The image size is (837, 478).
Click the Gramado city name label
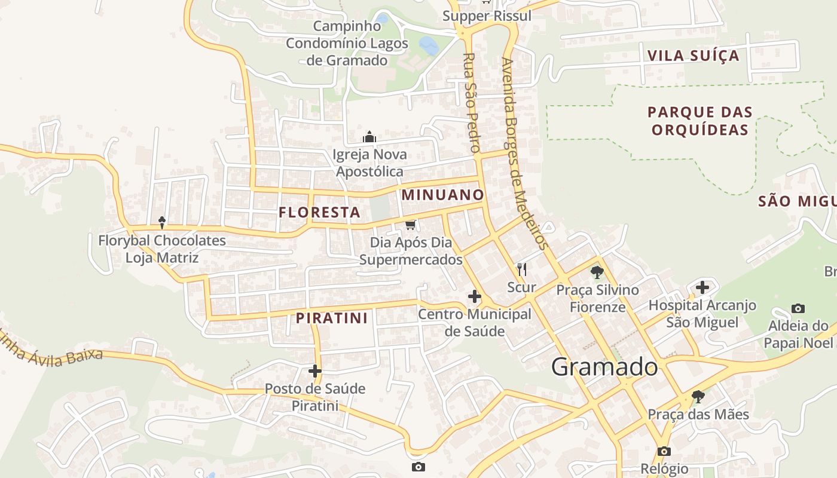[604, 366]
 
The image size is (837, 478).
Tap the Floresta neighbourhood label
[319, 212]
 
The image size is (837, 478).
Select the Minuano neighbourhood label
[442, 195]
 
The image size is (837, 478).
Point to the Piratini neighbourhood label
[332, 318]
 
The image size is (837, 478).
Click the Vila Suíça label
[694, 56]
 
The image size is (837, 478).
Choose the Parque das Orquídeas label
[700, 121]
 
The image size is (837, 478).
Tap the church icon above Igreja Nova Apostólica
[369, 137]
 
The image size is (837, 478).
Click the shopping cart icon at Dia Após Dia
[410, 225]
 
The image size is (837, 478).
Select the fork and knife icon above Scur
[522, 269]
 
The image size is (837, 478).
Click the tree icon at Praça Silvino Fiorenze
[597, 272]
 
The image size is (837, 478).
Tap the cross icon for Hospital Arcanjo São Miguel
[702, 287]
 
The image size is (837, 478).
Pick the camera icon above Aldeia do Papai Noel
[798, 308]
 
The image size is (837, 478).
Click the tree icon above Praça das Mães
[698, 396]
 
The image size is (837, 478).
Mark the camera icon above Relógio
[664, 451]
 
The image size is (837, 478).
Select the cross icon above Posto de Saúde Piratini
[315, 371]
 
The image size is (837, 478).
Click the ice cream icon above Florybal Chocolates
[162, 223]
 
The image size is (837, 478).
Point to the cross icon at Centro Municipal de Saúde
[475, 296]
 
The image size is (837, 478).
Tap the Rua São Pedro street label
[472, 102]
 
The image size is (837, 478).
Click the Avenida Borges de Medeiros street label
[525, 152]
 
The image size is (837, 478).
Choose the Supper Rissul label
[487, 16]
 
